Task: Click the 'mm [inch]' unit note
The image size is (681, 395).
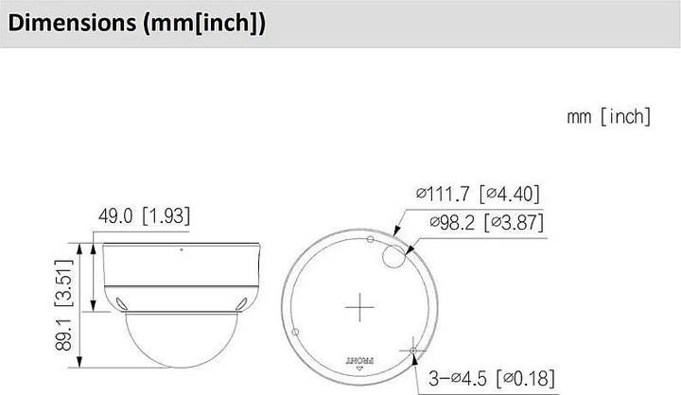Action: (609, 116)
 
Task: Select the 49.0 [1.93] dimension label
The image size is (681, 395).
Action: (143, 216)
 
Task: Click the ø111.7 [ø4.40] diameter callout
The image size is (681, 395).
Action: (477, 195)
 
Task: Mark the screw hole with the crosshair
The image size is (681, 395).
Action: (414, 351)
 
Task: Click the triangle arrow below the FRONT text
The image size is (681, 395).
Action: (360, 370)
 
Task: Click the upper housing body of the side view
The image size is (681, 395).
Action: (180, 269)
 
